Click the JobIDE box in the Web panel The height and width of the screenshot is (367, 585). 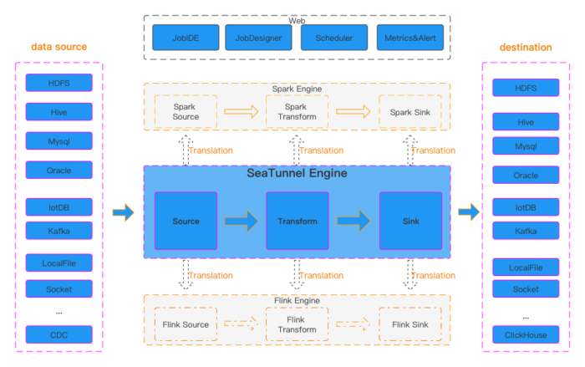click(186, 38)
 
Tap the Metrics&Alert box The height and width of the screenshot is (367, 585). click(409, 38)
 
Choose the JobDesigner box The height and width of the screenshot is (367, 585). click(258, 38)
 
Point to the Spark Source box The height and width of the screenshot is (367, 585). click(186, 112)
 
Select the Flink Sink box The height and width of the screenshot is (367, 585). click(409, 324)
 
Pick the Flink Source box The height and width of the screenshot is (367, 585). click(186, 324)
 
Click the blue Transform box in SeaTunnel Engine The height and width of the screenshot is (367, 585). click(297, 221)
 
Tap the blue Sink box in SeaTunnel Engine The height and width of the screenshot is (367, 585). click(409, 221)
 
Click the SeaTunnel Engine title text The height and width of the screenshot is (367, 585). click(297, 174)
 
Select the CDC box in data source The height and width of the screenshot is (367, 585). click(58, 334)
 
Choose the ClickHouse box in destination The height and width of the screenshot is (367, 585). click(526, 335)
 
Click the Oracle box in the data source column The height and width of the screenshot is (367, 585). click(58, 170)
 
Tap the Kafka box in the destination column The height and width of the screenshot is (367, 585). click(526, 231)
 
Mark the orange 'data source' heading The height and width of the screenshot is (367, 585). click(58, 47)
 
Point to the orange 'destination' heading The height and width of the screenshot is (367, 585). click(526, 48)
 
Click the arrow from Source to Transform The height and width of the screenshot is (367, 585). click(241, 222)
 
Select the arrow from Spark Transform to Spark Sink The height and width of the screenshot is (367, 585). click(353, 112)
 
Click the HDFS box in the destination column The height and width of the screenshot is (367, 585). click(526, 88)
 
